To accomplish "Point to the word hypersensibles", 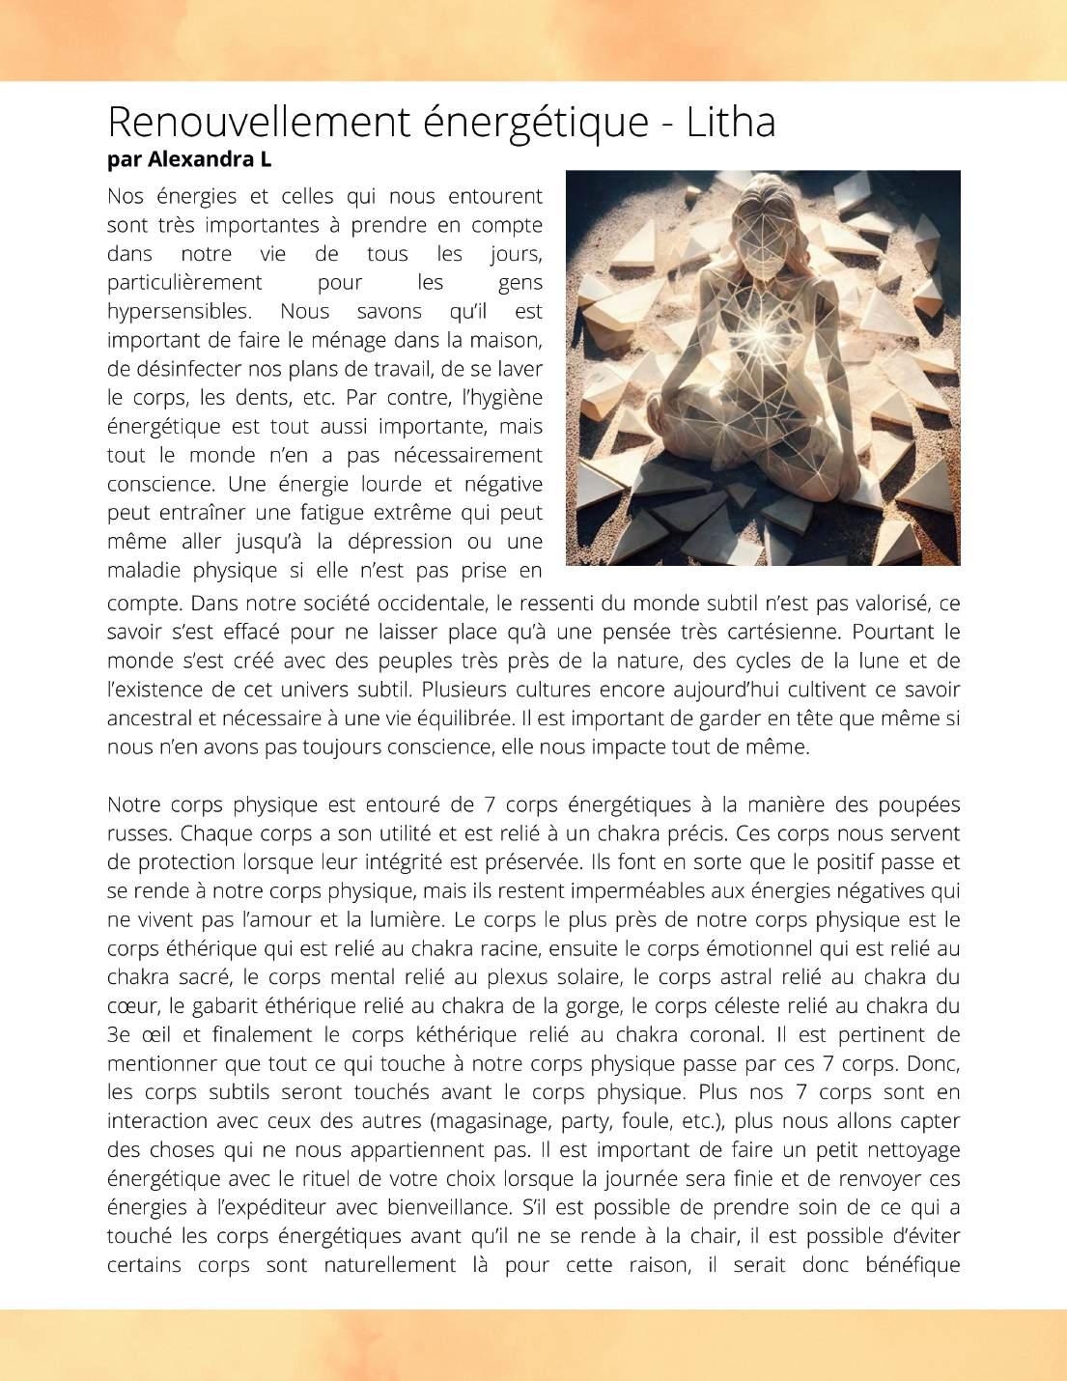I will click(x=179, y=311).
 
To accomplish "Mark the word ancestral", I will click(x=149, y=719).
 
